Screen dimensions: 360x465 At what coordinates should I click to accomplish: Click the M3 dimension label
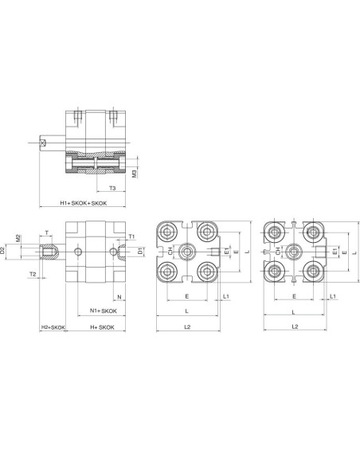click(x=135, y=174)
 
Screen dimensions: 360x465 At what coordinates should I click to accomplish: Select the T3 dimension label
click(x=112, y=188)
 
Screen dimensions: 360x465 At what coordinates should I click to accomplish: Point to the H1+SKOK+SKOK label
click(x=84, y=203)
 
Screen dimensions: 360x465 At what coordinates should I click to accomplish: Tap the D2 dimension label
click(x=2, y=250)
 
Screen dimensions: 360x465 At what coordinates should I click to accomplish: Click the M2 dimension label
click(x=18, y=238)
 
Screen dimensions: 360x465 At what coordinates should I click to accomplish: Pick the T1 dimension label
click(x=131, y=236)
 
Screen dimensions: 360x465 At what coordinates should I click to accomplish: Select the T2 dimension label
click(x=33, y=274)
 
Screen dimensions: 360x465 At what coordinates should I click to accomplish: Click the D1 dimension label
click(x=140, y=251)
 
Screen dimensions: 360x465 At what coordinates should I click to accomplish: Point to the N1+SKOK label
click(x=104, y=311)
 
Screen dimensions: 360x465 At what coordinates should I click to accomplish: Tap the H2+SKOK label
click(x=53, y=327)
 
